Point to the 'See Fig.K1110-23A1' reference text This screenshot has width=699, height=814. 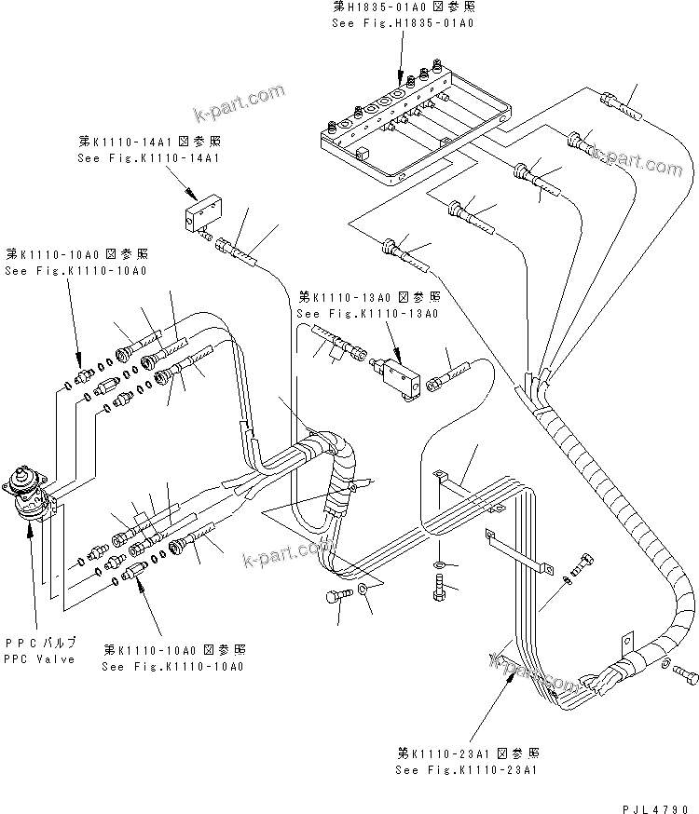coord(466,770)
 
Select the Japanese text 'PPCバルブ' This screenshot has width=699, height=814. coord(41,644)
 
